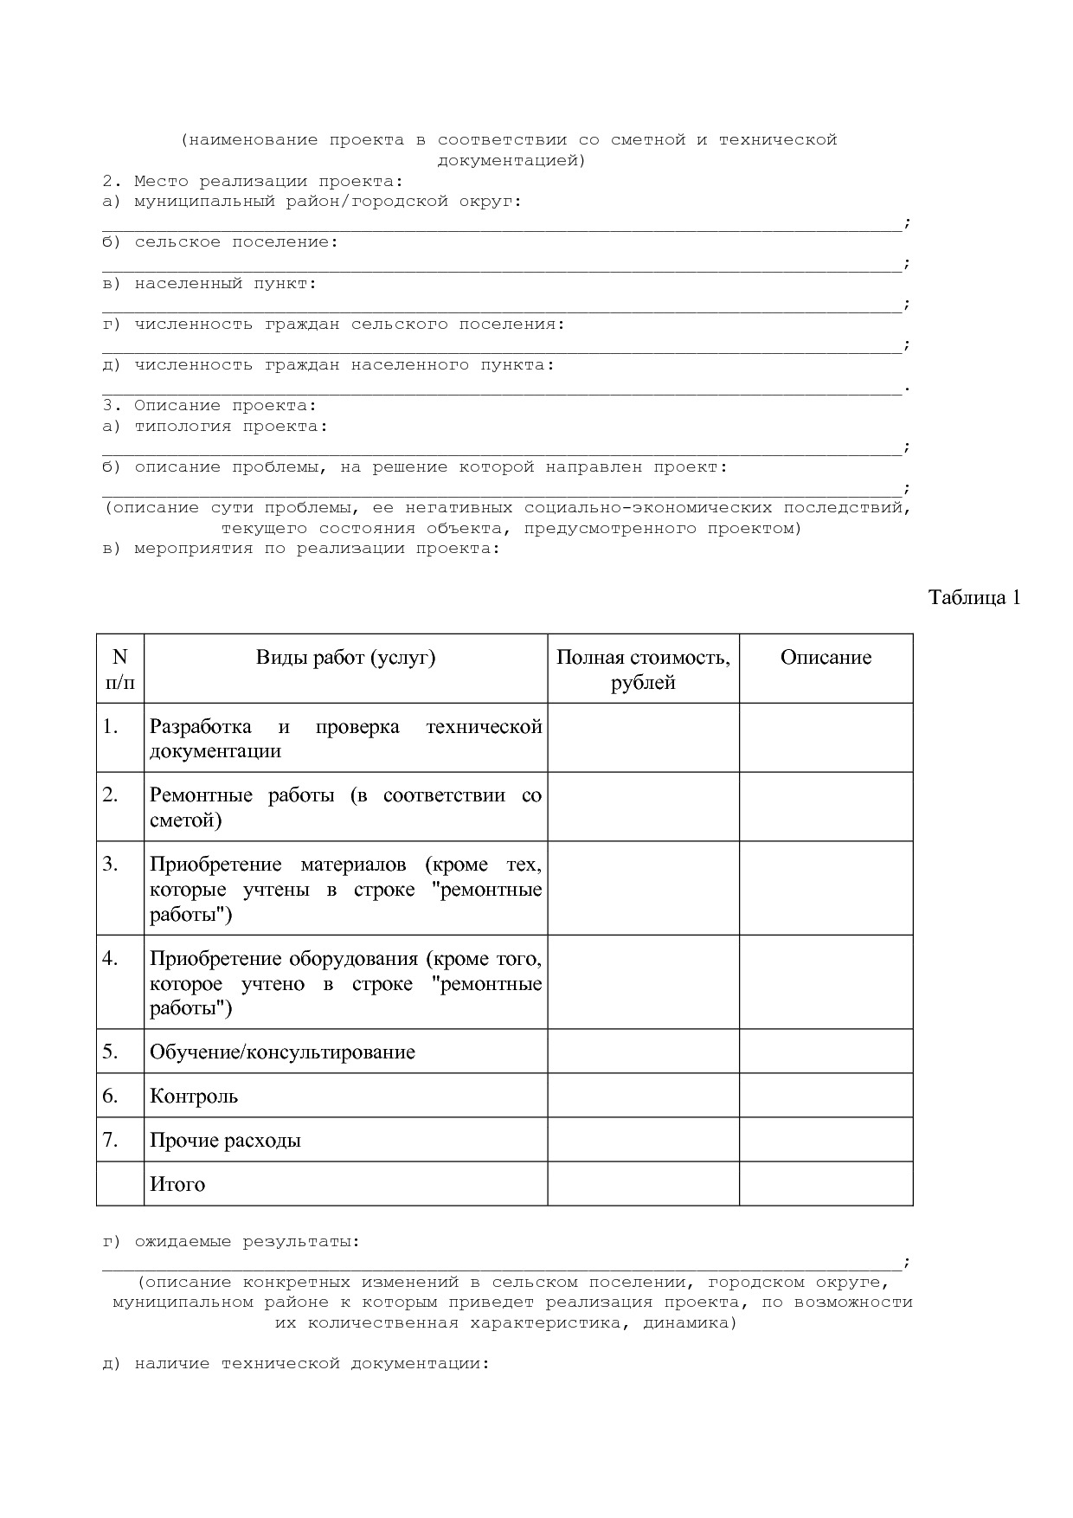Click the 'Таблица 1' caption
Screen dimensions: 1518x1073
974,597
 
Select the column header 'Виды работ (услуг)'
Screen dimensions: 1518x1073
345,658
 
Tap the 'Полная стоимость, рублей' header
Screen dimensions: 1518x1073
643,670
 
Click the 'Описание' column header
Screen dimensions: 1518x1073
826,658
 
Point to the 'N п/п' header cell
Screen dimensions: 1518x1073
120,669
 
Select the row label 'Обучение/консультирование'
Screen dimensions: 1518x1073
282,1052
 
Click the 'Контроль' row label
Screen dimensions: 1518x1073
194,1097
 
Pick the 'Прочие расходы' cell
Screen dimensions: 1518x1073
225,1141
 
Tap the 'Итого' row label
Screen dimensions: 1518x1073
177,1185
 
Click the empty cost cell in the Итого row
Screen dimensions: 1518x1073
643,1184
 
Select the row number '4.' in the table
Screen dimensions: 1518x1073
110,959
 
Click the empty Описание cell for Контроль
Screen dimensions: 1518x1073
826,1096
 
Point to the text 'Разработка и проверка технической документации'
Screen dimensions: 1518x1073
345,738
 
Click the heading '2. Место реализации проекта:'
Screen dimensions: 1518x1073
253,182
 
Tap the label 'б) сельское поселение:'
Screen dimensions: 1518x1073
221,242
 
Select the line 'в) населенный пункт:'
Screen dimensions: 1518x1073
209,284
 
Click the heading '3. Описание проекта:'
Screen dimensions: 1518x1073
209,406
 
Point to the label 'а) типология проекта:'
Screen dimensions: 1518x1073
215,427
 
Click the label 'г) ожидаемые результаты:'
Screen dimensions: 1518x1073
231,1242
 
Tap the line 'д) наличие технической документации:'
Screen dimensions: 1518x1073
296,1364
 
